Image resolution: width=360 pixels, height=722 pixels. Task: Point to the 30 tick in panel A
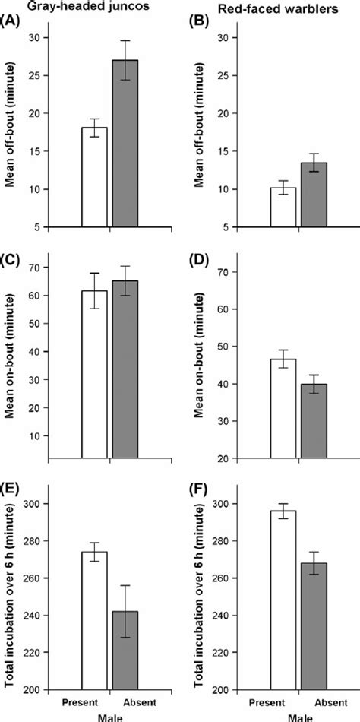(x=40, y=38)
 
